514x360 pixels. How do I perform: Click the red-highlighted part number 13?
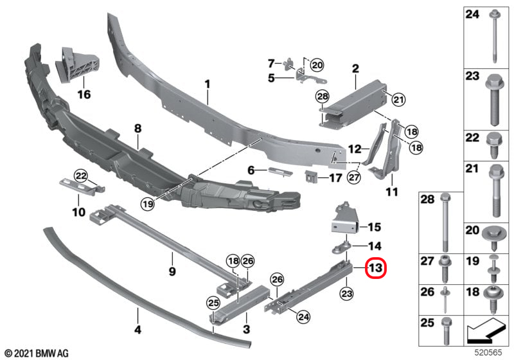pos(376,268)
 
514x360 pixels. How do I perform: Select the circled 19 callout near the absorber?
pos(148,204)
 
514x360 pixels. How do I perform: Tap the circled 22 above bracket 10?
pos(81,176)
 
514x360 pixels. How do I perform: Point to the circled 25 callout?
pos(213,303)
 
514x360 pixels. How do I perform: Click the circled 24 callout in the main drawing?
pos(303,317)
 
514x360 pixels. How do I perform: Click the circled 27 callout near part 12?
pos(354,177)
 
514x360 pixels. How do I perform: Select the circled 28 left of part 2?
pos(323,96)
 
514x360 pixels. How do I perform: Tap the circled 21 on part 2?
pos(398,99)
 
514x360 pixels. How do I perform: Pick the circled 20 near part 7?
pos(317,65)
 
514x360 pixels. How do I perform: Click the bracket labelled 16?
pos(77,64)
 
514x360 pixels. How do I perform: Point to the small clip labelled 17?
pos(312,177)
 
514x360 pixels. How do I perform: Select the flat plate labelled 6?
pos(280,171)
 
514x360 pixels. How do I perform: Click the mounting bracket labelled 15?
pos(344,219)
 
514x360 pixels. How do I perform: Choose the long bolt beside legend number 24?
pos(493,37)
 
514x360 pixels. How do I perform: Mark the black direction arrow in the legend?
pos(486,330)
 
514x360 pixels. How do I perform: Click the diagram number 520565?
pos(488,352)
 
